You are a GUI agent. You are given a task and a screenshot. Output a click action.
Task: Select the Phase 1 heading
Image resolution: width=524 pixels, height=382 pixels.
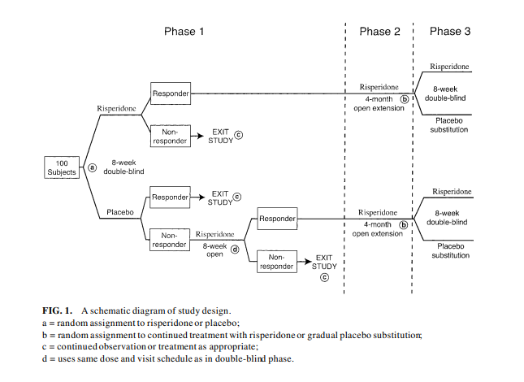coord(180,32)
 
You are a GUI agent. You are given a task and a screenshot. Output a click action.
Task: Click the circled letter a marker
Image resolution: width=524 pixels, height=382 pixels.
coord(92,168)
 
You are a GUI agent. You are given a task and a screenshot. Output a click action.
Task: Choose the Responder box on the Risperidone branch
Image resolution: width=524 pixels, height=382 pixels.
coord(170,94)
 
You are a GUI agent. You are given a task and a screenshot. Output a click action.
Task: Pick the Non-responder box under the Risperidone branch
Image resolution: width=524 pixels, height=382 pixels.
coord(170,135)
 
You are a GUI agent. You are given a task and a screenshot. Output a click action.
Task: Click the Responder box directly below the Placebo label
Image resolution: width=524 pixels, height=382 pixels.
coord(170,196)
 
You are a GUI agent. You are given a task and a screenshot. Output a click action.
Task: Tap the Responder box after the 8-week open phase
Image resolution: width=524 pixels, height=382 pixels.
coord(277,218)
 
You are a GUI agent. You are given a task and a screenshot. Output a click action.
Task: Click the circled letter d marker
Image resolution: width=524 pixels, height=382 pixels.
coord(235,250)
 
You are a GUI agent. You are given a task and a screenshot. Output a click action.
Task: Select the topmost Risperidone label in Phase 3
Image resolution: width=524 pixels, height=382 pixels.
coord(451,67)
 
